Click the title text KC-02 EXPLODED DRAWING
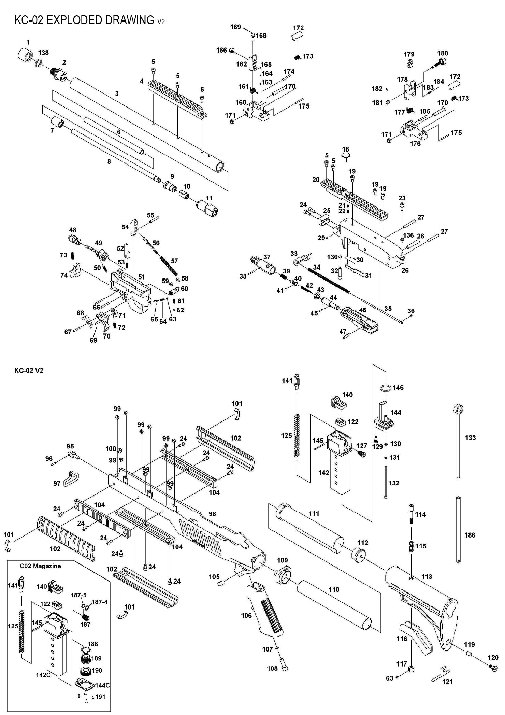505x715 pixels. [x=84, y=20]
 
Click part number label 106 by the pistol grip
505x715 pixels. [x=246, y=615]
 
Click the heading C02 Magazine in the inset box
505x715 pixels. [x=40, y=566]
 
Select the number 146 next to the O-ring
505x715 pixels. [x=398, y=387]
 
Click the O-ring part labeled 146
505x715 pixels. [x=385, y=388]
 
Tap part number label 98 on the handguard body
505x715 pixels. [x=212, y=514]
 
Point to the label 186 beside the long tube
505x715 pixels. [x=470, y=535]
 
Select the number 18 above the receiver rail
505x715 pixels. [x=345, y=149]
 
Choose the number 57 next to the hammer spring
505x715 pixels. [x=174, y=261]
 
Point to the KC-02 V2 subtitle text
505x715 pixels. [x=29, y=371]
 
